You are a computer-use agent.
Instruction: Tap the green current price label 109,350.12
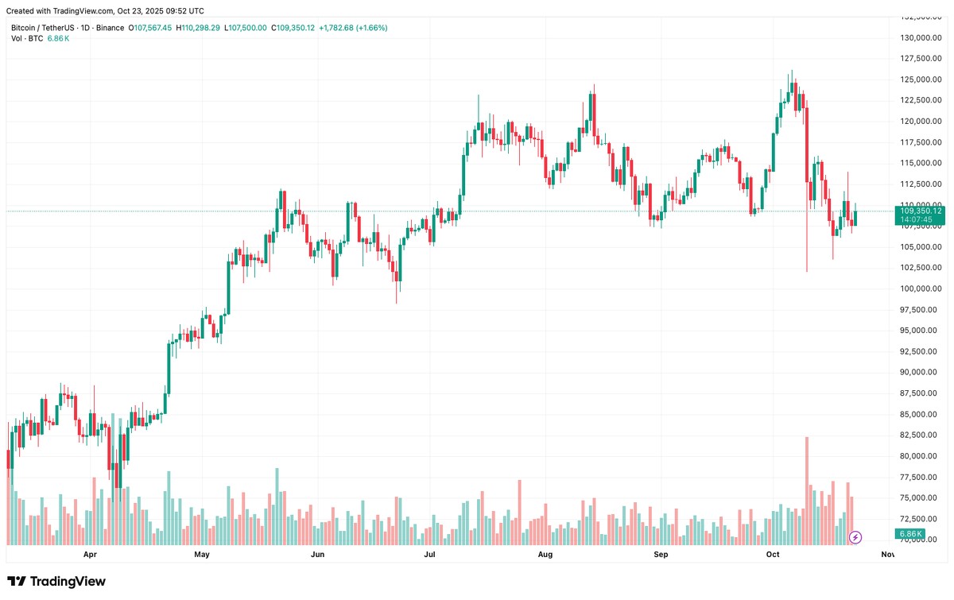pos(920,211)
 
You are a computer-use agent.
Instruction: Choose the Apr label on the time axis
pos(90,554)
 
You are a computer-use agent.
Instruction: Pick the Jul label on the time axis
pos(431,554)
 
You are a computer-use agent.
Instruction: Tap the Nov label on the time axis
pos(888,554)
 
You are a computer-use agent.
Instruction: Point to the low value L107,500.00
pos(246,28)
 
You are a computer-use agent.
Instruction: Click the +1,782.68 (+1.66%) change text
pos(353,28)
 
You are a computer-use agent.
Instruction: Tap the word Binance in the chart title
pos(108,28)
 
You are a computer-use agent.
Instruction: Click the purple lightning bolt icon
pos(855,537)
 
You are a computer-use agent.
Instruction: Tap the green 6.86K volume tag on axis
pos(909,533)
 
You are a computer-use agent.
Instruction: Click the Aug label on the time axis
pos(545,554)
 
